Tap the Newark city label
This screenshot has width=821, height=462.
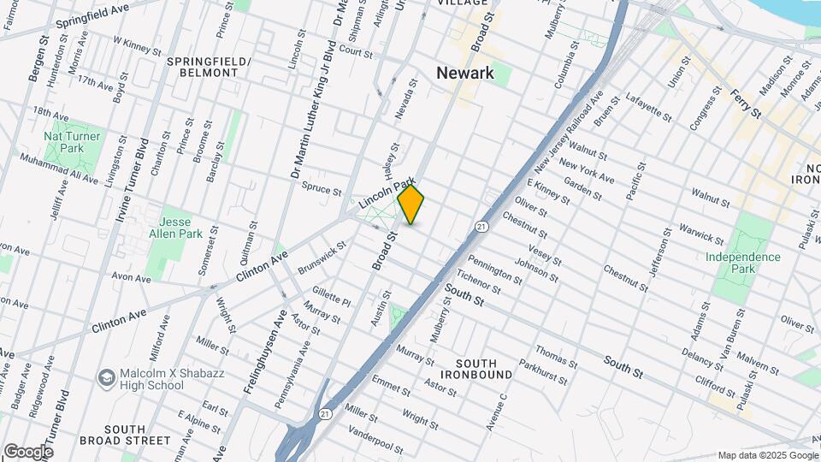pos(465,73)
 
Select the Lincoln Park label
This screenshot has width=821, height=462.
pos(387,192)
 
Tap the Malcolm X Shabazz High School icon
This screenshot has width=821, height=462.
pos(106,377)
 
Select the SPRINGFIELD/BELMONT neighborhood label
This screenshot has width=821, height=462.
pos(209,68)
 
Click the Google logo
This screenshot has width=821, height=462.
pos(28,451)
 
